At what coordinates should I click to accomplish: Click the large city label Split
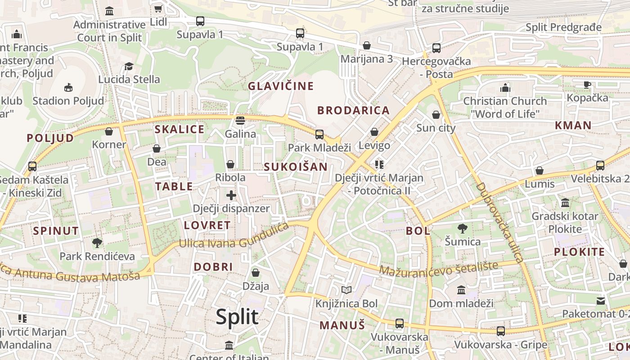tap(237, 317)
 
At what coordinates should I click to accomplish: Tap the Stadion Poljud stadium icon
tap(68, 87)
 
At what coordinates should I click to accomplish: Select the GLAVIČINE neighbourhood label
tap(281, 86)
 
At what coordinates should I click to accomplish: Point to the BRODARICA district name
tap(353, 110)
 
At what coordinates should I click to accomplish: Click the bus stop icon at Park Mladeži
tap(319, 134)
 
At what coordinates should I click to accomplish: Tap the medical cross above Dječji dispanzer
tap(231, 195)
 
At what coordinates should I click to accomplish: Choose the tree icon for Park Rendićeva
tap(97, 243)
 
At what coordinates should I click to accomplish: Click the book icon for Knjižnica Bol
tap(346, 290)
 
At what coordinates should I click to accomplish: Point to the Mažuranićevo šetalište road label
tap(439, 268)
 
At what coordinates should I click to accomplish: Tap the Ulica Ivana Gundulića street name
tap(234, 237)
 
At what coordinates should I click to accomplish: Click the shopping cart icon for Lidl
tap(158, 9)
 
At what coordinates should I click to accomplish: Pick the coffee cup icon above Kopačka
tap(587, 84)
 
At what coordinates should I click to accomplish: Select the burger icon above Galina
tap(240, 121)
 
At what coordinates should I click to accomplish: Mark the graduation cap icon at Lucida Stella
tap(129, 66)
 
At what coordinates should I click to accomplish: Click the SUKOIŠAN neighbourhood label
tap(296, 166)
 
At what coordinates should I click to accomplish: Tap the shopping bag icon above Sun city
tap(436, 115)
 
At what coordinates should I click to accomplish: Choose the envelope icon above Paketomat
tap(601, 301)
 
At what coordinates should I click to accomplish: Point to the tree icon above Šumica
tap(462, 228)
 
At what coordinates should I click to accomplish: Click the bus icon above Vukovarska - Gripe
tap(500, 331)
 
